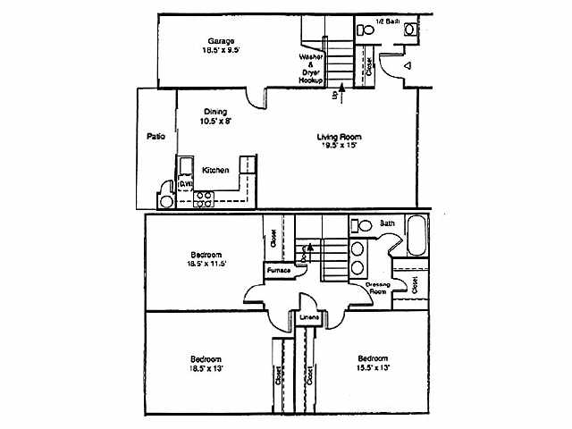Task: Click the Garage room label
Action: click(221, 41)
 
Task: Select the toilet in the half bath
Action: click(365, 29)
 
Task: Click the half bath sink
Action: click(409, 29)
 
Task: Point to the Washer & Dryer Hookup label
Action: click(310, 69)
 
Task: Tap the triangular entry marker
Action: click(406, 65)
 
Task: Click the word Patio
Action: click(156, 137)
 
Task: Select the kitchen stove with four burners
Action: click(204, 198)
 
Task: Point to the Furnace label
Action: click(275, 269)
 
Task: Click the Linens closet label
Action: click(309, 317)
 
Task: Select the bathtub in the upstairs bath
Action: click(418, 237)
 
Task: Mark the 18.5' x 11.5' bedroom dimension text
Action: click(205, 264)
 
